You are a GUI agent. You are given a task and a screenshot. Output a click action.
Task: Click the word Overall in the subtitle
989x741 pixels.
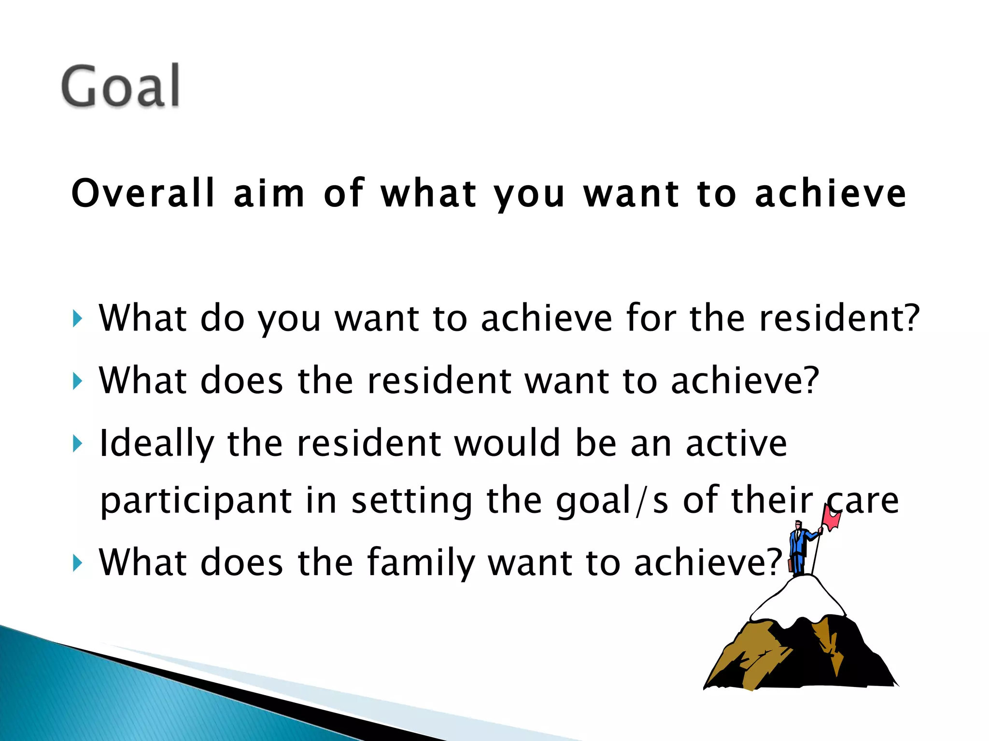coord(143,193)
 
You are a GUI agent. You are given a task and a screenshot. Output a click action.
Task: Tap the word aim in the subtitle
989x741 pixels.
coord(269,193)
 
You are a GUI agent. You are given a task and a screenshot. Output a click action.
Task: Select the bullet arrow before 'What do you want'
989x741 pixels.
coord(77,319)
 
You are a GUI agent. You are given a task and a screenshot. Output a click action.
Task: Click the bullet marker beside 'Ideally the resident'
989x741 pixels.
coord(77,443)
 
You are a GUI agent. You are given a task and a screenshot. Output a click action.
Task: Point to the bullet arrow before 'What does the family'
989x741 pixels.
coord(77,563)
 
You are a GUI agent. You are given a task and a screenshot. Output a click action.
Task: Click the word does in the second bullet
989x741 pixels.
coord(241,381)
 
